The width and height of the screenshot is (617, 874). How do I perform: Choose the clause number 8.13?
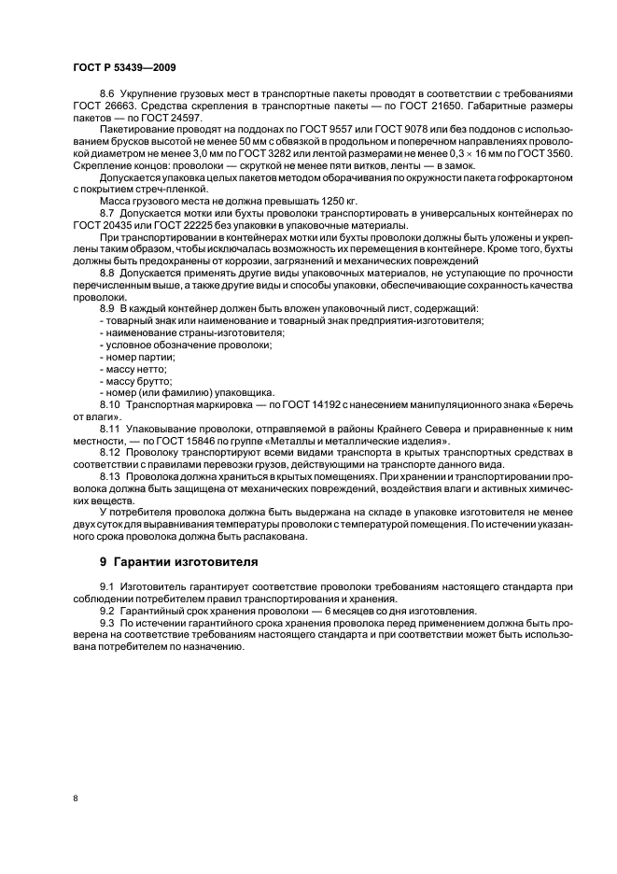tap(111, 476)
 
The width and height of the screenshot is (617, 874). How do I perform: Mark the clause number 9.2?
tap(107, 611)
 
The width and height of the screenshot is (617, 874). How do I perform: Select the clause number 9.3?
tap(107, 622)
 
